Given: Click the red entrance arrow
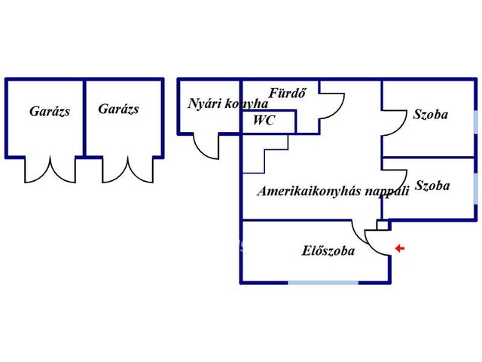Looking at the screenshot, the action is (400, 248).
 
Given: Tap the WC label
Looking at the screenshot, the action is (264, 120).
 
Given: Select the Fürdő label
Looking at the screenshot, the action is (288, 93).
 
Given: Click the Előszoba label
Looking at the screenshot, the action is (328, 250).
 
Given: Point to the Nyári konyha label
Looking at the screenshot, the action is (227, 103).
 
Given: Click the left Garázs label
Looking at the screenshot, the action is (50, 111).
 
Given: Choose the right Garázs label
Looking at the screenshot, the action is (119, 109).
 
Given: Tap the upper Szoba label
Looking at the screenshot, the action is (430, 115).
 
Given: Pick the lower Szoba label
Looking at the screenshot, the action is (432, 186).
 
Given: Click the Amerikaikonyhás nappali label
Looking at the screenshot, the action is (334, 191).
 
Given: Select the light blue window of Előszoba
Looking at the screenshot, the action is (323, 282).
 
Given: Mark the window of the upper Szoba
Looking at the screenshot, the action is (475, 122).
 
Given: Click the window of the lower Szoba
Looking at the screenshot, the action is (475, 193).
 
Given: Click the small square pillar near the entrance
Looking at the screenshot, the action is (383, 225).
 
